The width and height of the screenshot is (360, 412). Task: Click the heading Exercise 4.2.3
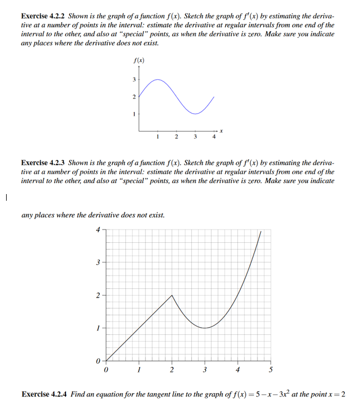click(43, 163)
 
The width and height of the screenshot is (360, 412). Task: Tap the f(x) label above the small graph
click(139, 60)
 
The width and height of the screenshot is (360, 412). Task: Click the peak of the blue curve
click(158, 79)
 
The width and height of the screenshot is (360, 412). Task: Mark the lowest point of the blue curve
click(195, 114)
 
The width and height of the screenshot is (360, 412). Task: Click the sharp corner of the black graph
click(172, 296)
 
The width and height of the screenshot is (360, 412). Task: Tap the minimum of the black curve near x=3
click(205, 328)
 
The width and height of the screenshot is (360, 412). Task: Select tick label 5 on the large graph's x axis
click(271, 369)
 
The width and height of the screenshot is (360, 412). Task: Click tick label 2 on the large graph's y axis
click(99, 296)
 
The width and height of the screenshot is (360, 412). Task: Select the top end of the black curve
click(261, 232)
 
